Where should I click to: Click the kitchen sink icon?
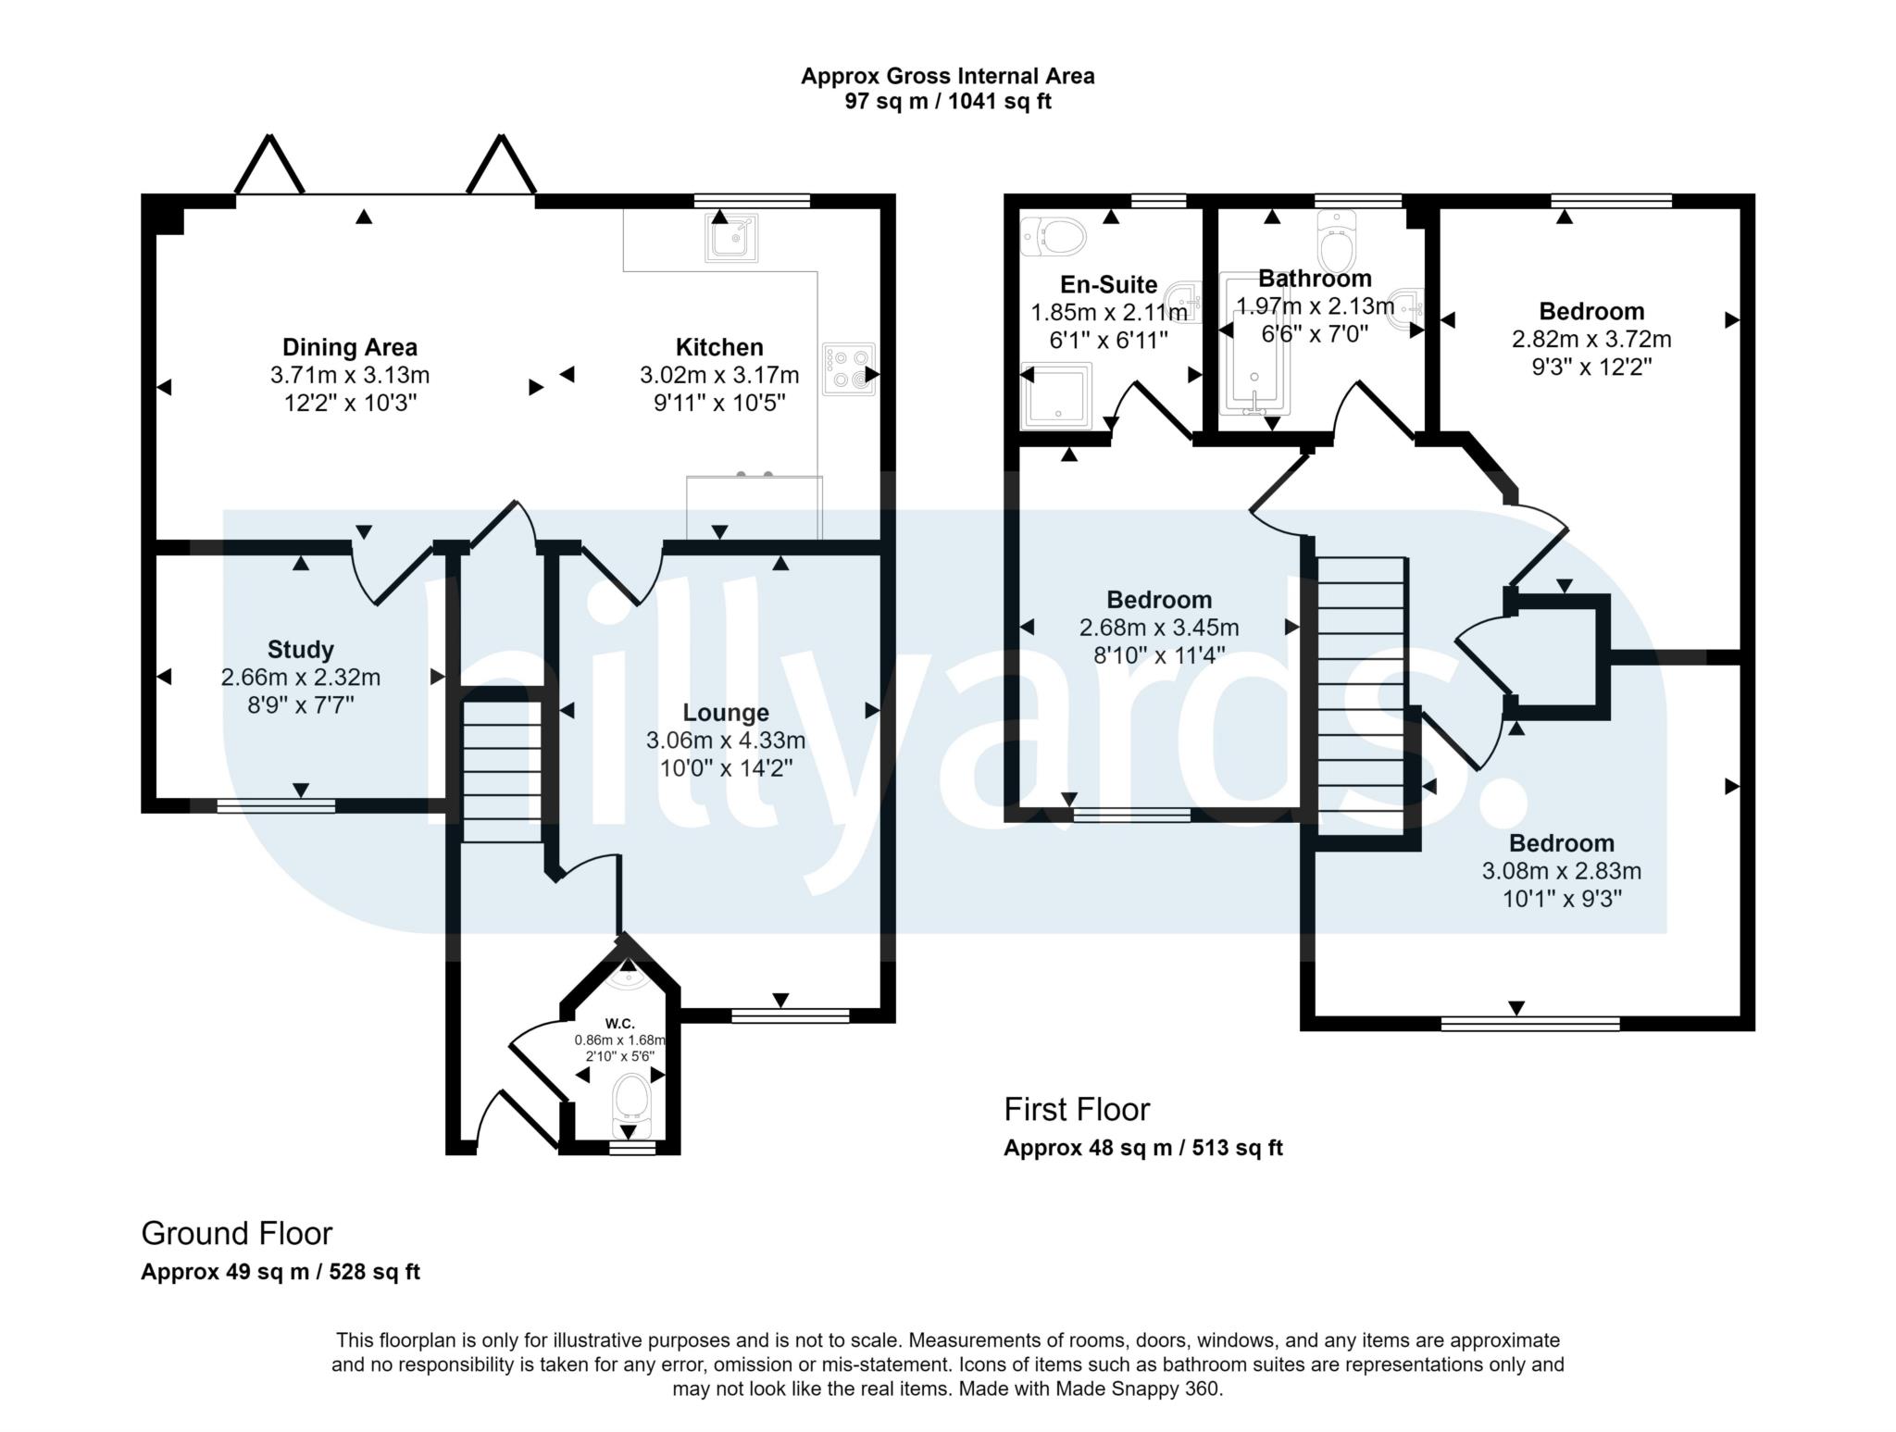[732, 237]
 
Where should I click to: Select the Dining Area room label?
[350, 347]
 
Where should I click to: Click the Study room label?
[301, 649]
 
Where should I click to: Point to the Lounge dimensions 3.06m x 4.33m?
[726, 741]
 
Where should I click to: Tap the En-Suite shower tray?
[1056, 395]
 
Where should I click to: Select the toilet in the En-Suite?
[1052, 237]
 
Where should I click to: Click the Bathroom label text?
[1315, 279]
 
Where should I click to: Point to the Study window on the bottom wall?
[276, 806]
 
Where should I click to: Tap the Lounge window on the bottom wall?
[790, 1015]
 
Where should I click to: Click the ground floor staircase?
[502, 772]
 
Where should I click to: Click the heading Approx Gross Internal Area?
[947, 76]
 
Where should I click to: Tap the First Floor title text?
[1077, 1109]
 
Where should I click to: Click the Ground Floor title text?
[236, 1233]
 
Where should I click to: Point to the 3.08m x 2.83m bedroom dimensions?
[1562, 871]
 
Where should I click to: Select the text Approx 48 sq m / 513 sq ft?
[1143, 1149]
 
